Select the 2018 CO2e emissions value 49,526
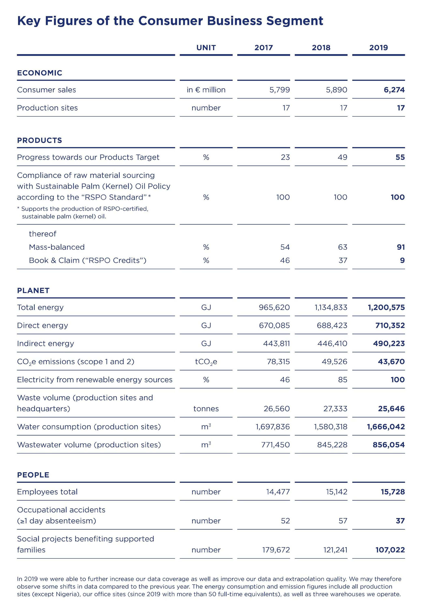[x=334, y=362]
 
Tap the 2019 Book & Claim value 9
[x=402, y=260]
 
